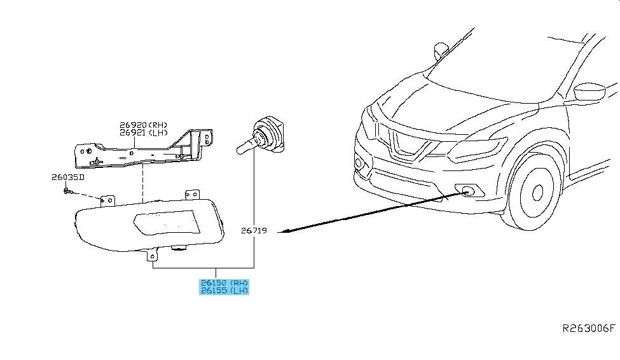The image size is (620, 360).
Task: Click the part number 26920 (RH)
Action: click(144, 125)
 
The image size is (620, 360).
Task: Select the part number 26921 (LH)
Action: click(144, 133)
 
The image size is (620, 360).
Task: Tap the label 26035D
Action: click(67, 177)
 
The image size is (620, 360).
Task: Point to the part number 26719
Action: click(254, 231)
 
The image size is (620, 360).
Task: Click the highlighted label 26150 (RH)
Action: click(224, 283)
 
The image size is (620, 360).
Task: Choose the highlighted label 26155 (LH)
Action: click(224, 291)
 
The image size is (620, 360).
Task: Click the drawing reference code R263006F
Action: click(589, 328)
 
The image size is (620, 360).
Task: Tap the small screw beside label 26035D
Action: click(67, 191)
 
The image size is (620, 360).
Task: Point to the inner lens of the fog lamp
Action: click(166, 223)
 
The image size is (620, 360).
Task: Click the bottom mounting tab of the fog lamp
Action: click(152, 255)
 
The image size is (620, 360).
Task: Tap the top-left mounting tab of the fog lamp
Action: click(107, 200)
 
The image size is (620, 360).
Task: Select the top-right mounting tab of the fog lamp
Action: click(192, 195)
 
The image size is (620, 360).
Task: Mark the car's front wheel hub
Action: click(537, 193)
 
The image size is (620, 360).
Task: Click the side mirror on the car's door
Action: click(589, 92)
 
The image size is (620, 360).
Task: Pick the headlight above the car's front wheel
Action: click(478, 149)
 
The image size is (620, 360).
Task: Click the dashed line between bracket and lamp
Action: click(142, 184)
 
